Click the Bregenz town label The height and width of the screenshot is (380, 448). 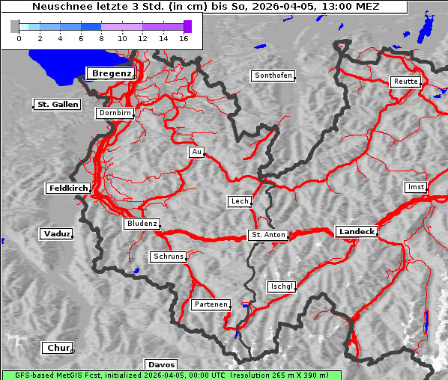click(111, 73)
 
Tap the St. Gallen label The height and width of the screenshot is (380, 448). click(57, 104)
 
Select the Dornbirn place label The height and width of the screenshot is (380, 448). click(115, 113)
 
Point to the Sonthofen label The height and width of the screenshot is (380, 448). click(273, 76)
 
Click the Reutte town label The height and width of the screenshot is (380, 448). click(405, 82)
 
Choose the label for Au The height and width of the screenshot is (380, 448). click(196, 152)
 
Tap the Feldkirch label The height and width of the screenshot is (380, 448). click(68, 188)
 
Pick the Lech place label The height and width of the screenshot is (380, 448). click(239, 201)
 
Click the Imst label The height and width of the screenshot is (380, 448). click(414, 186)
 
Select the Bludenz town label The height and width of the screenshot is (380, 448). click(142, 224)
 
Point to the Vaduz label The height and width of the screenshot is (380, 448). click(56, 234)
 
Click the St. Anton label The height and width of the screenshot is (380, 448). click(267, 235)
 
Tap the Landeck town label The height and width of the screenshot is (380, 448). click(356, 232)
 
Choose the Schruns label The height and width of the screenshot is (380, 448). click(168, 257)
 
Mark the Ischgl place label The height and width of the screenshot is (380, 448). click(282, 286)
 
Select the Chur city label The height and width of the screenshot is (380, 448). click(58, 348)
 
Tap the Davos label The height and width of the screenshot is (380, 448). click(161, 364)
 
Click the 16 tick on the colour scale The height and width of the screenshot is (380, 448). click(184, 37)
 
